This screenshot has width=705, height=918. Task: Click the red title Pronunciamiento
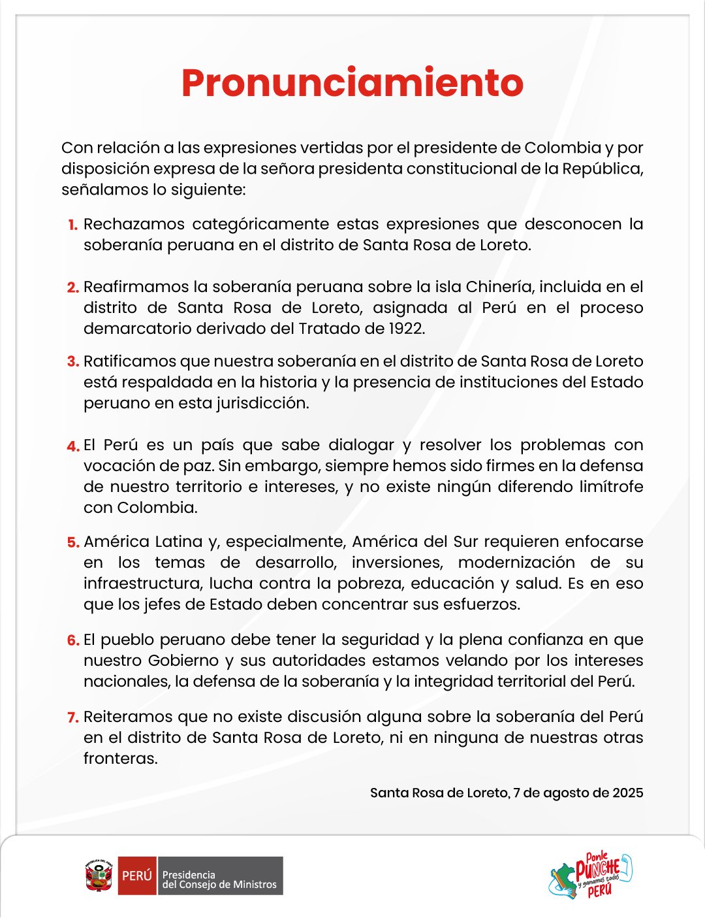pyautogui.click(x=352, y=83)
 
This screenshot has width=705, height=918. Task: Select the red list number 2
pyautogui.click(x=72, y=287)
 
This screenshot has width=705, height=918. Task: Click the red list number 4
pyautogui.click(x=72, y=446)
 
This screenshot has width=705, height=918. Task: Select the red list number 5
pyautogui.click(x=72, y=542)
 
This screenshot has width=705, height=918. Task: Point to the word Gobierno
pyautogui.click(x=185, y=661)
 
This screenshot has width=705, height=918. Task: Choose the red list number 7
pyautogui.click(x=72, y=717)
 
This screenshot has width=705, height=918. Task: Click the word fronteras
pyautogui.click(x=120, y=759)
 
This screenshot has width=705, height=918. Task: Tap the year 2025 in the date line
pyautogui.click(x=627, y=793)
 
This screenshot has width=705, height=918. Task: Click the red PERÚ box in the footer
pyautogui.click(x=137, y=876)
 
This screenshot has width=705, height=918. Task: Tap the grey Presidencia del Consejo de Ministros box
pyautogui.click(x=219, y=876)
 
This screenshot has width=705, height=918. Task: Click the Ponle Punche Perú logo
pyautogui.click(x=591, y=876)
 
